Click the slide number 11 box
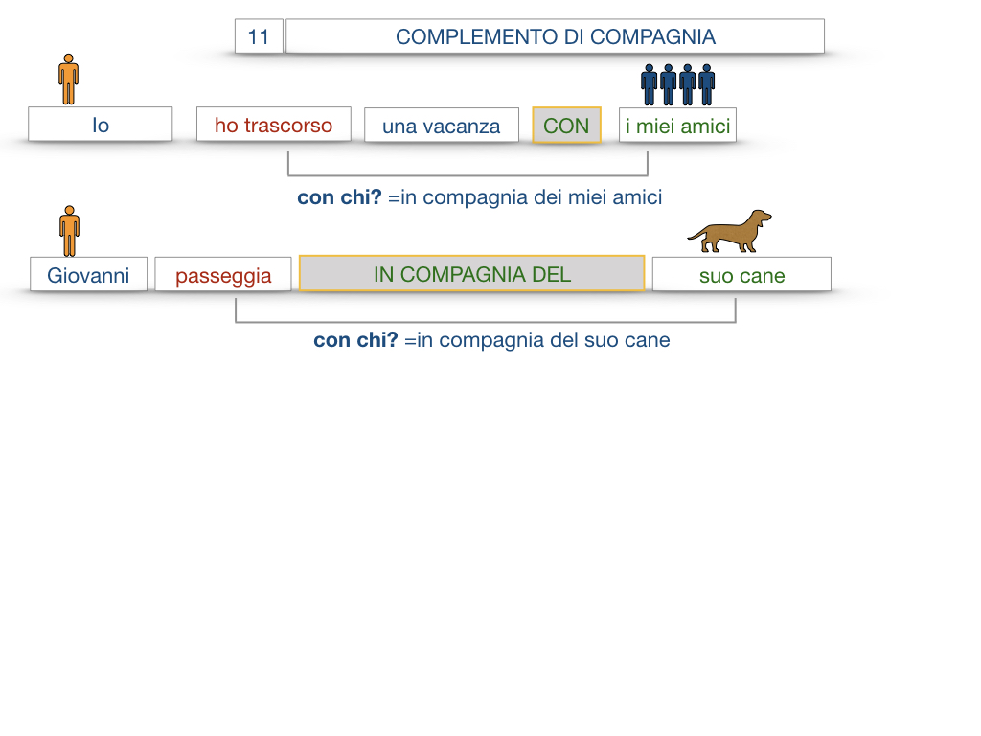[x=259, y=36]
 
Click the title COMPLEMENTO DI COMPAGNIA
[x=555, y=36]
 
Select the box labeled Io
[x=101, y=125]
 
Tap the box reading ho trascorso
[x=273, y=125]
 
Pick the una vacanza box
[x=441, y=126]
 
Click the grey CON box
[x=566, y=126]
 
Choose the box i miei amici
[x=677, y=126]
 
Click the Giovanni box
[x=88, y=275]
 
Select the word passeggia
[x=223, y=276]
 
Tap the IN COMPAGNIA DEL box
[x=471, y=274]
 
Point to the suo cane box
[x=741, y=276]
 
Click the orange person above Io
[x=68, y=79]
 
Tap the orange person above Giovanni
[x=69, y=230]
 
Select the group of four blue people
[x=678, y=84]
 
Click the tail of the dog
[x=695, y=234]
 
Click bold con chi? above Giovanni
[x=339, y=197]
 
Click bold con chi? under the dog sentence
[x=355, y=340]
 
